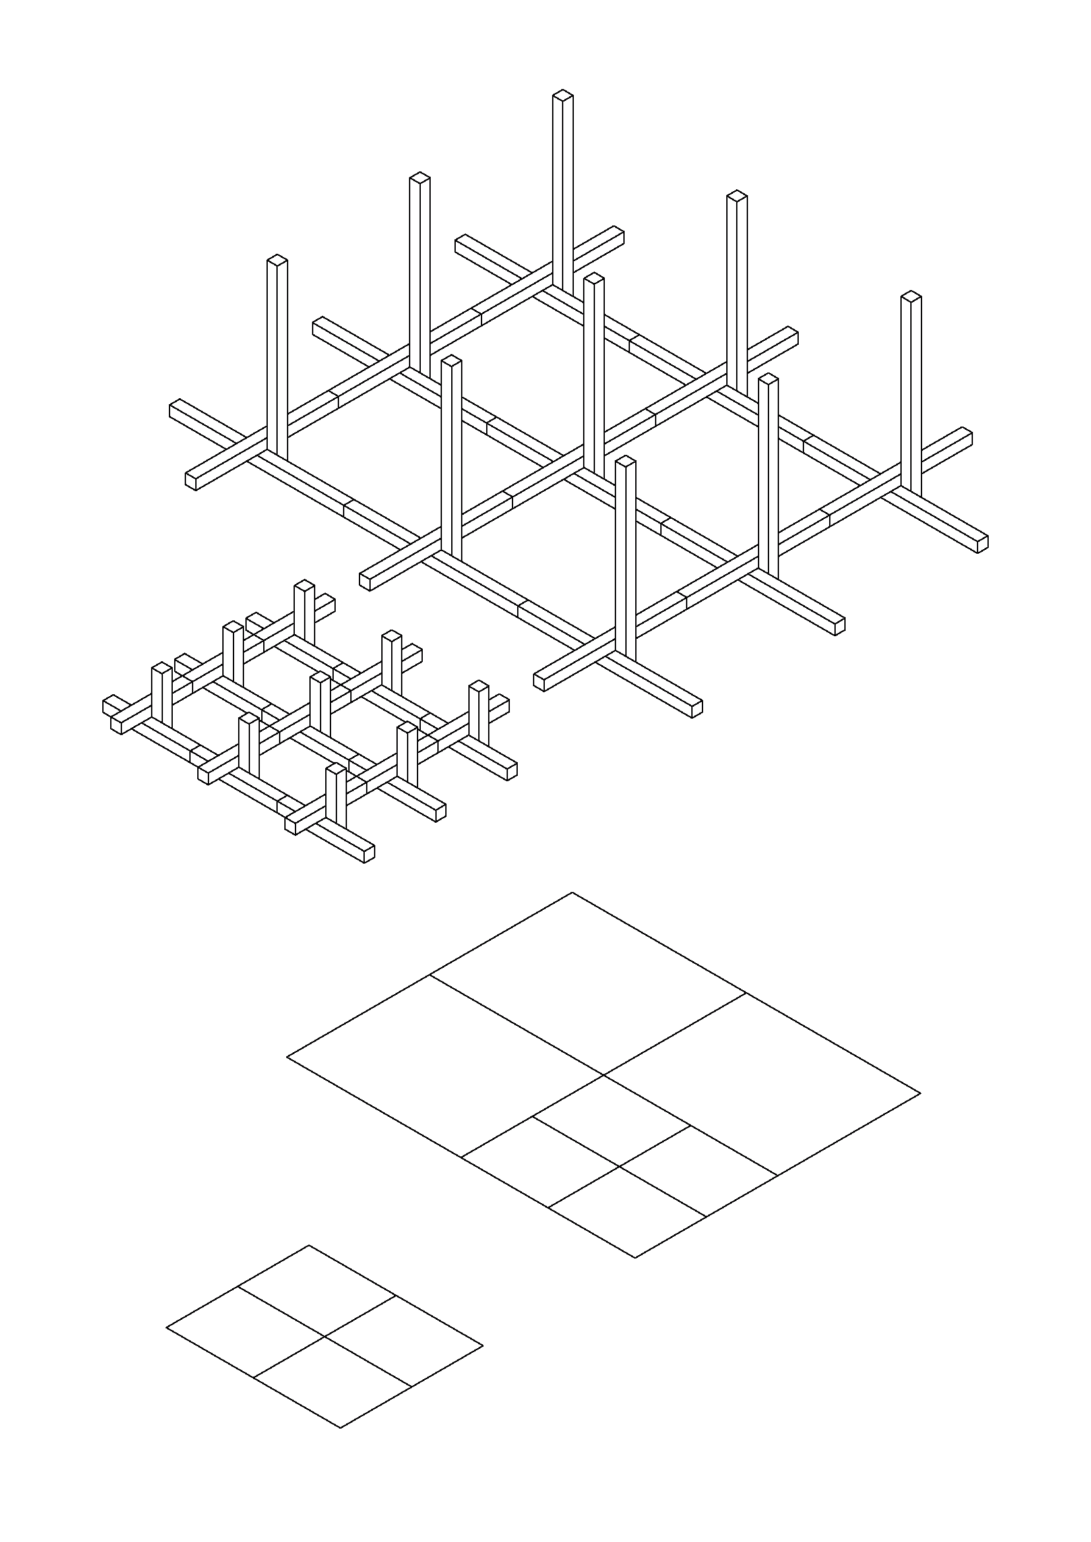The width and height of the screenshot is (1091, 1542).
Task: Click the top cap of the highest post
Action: tap(563, 96)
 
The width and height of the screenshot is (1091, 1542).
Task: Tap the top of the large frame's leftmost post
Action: tap(277, 260)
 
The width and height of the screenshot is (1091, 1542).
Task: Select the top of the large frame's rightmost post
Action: tap(911, 297)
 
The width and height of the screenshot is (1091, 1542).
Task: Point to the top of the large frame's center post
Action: tap(594, 278)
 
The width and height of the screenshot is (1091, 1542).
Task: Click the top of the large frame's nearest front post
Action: tap(625, 461)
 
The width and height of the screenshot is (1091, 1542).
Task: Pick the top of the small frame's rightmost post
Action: tap(478, 686)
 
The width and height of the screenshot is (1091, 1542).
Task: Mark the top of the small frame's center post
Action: tap(320, 678)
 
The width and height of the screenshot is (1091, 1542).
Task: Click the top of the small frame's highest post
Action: tap(304, 585)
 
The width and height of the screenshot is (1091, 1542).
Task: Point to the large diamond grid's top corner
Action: tap(573, 893)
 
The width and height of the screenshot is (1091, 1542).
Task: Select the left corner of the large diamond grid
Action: tap(288, 1056)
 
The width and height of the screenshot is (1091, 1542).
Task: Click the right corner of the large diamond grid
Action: tap(920, 1093)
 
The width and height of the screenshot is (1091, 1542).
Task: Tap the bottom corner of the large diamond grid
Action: tap(635, 1257)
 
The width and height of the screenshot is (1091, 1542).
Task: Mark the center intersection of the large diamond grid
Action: tap(604, 1075)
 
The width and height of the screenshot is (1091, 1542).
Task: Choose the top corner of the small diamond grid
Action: tap(309, 1245)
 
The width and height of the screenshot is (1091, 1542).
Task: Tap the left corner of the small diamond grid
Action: tap(167, 1327)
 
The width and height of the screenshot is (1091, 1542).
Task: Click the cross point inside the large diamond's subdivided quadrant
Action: tap(619, 1167)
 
